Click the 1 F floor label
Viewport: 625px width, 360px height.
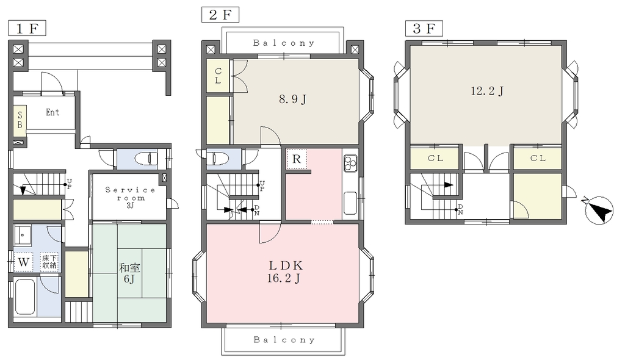coord(27,29)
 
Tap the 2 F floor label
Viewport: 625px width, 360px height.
coord(220,15)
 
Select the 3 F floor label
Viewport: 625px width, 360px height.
coord(424,28)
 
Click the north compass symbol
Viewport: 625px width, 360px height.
coord(599,210)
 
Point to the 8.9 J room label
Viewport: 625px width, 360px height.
coord(292,99)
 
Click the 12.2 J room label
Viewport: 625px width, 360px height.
coord(486,91)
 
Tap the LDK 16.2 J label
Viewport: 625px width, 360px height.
coord(286,272)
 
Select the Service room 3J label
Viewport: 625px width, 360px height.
coord(131,198)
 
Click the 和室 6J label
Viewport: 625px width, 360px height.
coord(129,273)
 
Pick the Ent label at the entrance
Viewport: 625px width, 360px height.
coord(52,112)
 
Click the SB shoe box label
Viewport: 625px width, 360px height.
coord(20,119)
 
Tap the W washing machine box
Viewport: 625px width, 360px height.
coord(24,262)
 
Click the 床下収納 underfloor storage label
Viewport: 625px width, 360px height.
coord(49,262)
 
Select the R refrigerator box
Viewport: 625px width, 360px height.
coord(296,159)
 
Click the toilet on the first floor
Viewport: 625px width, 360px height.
coord(145,159)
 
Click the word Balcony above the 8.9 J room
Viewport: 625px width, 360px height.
coord(284,43)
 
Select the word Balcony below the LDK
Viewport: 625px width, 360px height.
coord(284,340)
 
